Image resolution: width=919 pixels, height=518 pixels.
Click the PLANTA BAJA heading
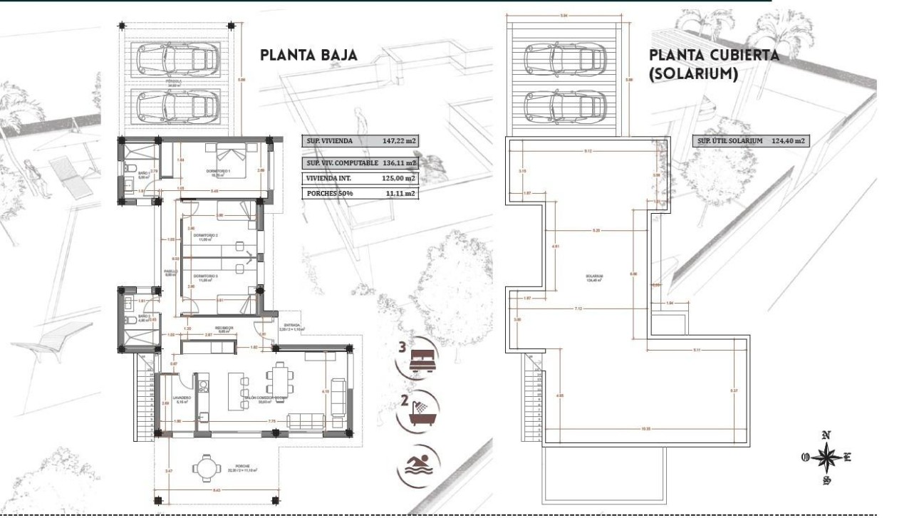(308, 56)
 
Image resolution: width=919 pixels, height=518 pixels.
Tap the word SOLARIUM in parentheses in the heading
(695, 74)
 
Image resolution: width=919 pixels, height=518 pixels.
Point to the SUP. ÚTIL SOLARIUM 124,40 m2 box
(752, 141)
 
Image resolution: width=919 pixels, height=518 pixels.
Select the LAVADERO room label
(181, 398)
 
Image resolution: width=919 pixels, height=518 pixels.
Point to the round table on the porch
(207, 468)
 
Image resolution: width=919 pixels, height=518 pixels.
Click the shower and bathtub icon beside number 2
(420, 411)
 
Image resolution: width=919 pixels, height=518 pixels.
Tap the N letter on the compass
(826, 435)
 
